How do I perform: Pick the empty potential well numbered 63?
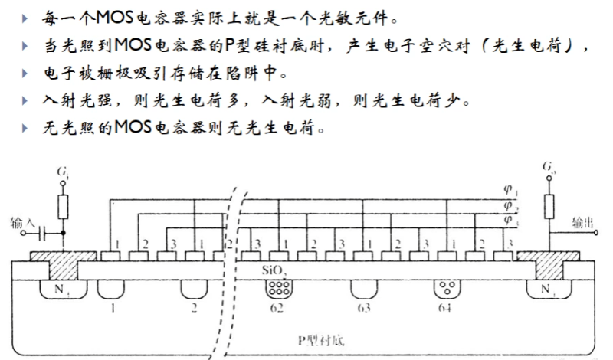click(363, 289)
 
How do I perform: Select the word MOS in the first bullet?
click(114, 17)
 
